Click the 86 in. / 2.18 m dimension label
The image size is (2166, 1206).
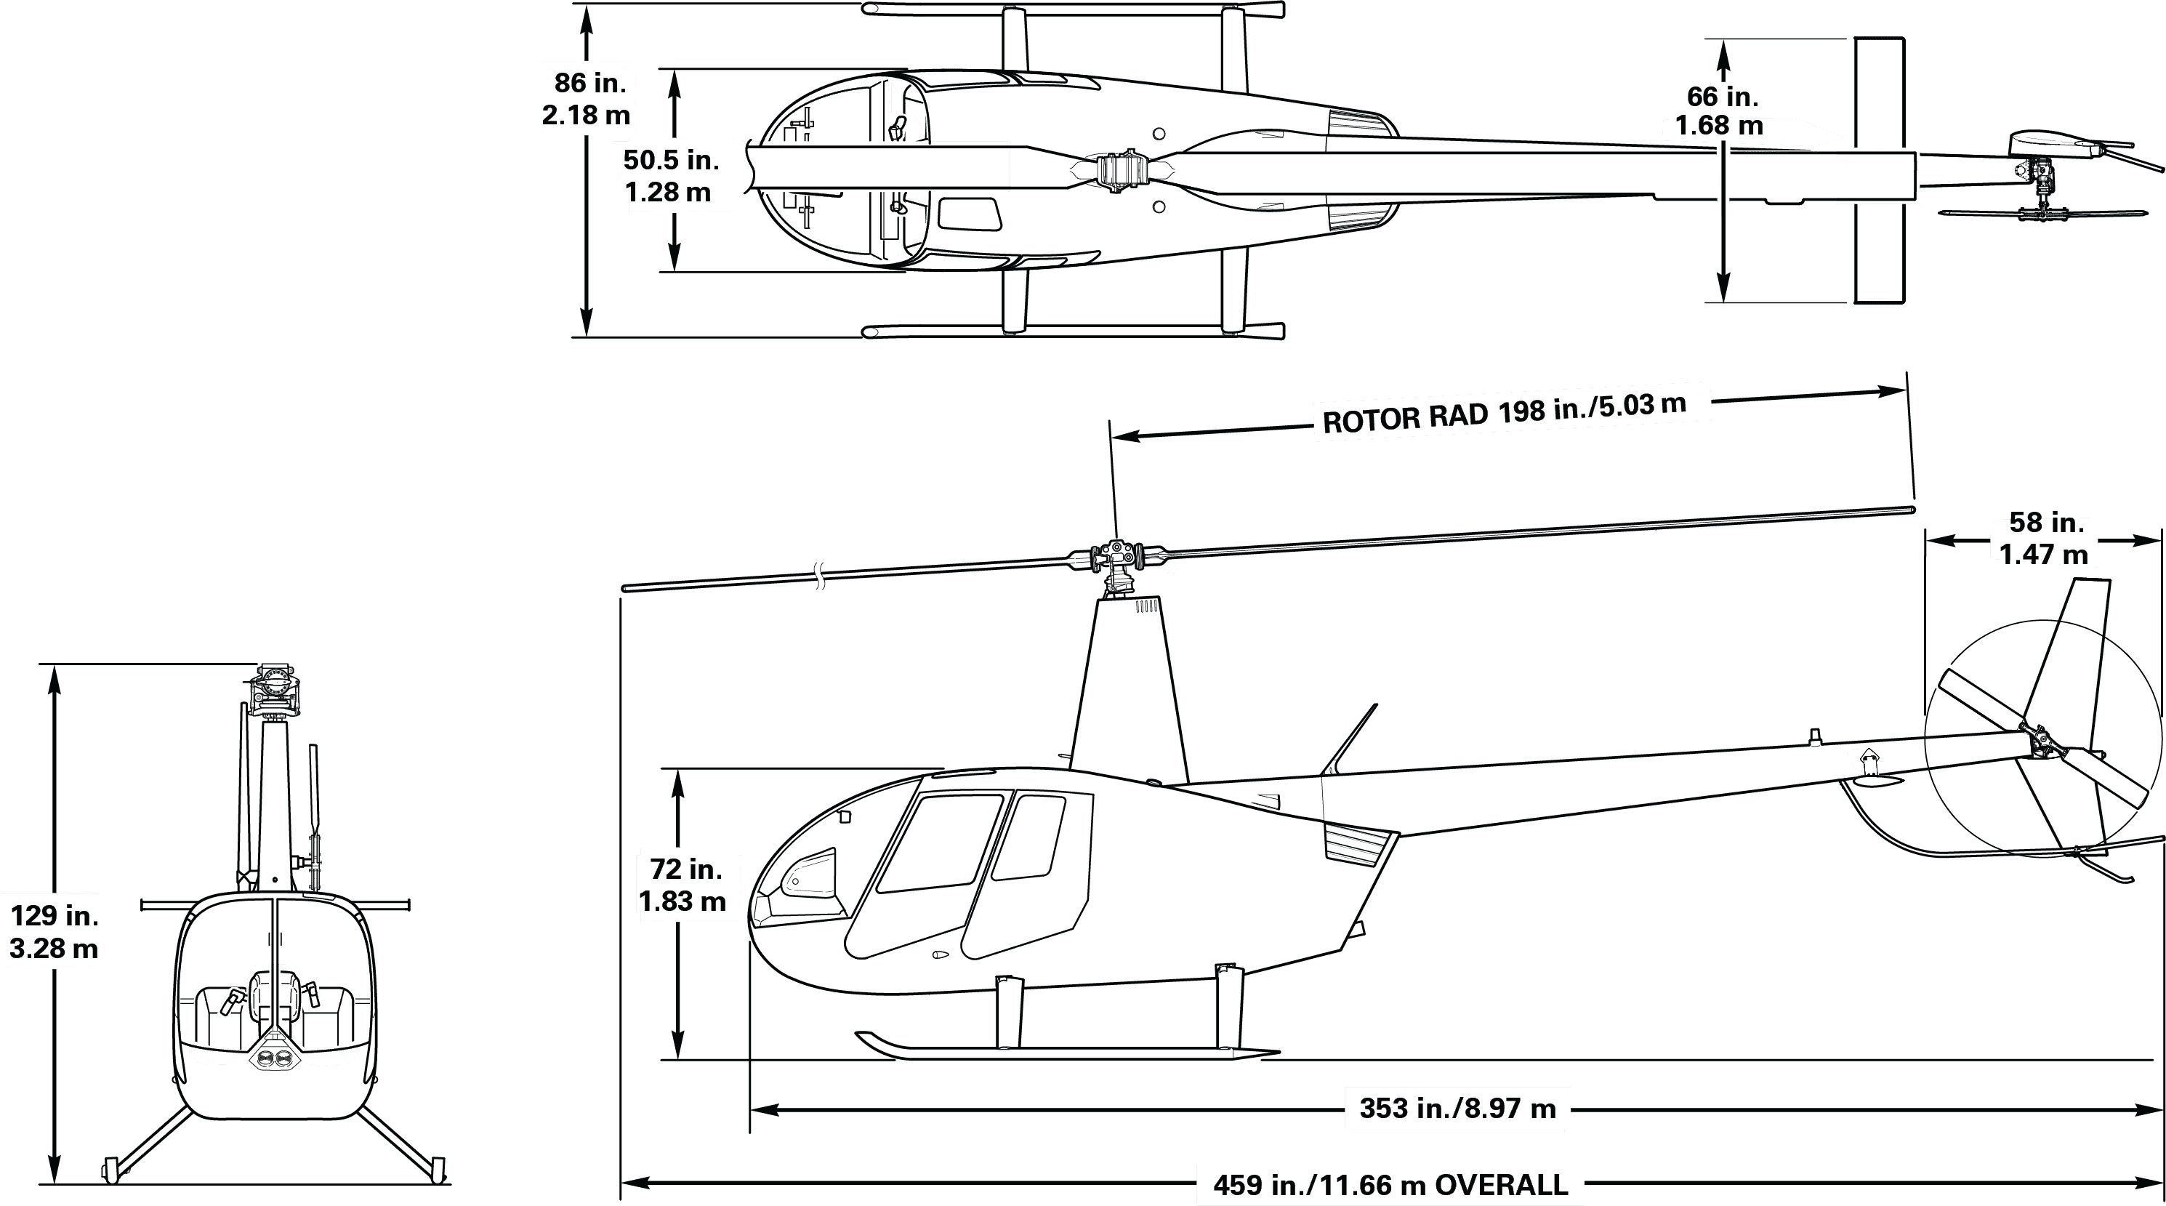pyautogui.click(x=587, y=98)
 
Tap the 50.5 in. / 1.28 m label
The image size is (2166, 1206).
pyautogui.click(x=671, y=176)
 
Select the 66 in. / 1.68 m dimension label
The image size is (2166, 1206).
pyautogui.click(x=1720, y=111)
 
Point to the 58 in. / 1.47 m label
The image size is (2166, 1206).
pyautogui.click(x=2045, y=538)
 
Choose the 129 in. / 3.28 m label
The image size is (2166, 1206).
pyautogui.click(x=52, y=931)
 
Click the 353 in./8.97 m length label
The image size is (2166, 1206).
pyautogui.click(x=1458, y=1109)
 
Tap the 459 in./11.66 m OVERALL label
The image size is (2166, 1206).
pyautogui.click(x=1389, y=1185)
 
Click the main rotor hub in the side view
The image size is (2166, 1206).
pyautogui.click(x=1116, y=556)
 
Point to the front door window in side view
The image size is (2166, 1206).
pyautogui.click(x=938, y=843)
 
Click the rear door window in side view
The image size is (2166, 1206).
pyautogui.click(x=1028, y=837)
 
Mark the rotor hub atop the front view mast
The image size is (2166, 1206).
pyautogui.click(x=275, y=686)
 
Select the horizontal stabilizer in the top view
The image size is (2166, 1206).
pyautogui.click(x=1878, y=170)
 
